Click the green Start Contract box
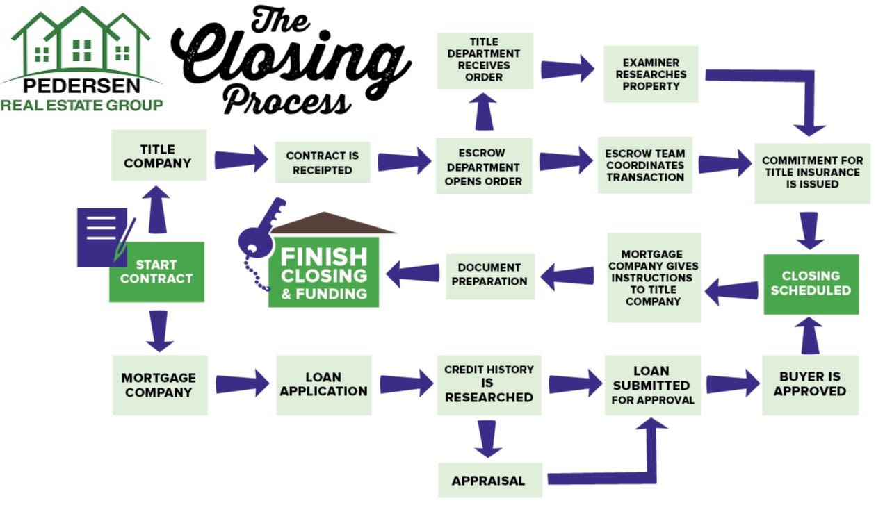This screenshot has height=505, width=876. coord(156,272)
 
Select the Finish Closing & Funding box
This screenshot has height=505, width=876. coord(323,272)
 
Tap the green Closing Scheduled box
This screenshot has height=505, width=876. coord(811,283)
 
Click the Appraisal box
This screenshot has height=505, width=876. coord(488,480)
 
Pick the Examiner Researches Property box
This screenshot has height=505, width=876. coord(650,74)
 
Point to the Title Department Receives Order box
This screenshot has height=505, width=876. coord(484,60)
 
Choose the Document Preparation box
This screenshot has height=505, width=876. coord(489,274)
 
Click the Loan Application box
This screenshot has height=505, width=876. coord(323,384)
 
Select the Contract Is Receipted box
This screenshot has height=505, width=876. coord(322,163)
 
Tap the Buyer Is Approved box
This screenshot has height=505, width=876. coord(810,384)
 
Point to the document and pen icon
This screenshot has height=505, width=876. coord(104,237)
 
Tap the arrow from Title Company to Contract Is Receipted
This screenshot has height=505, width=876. coord(241,160)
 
